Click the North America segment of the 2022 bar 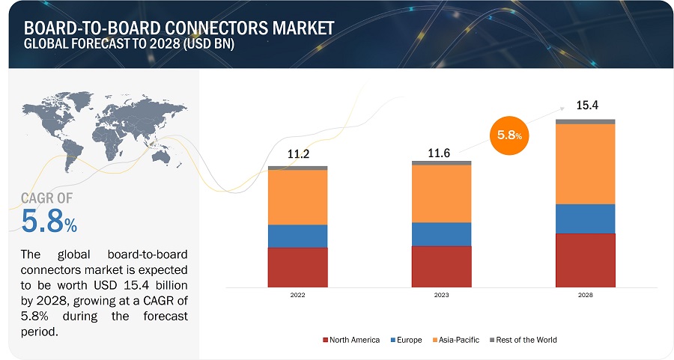click(297, 267)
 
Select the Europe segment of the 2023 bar click(441, 234)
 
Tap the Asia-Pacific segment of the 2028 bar click(585, 163)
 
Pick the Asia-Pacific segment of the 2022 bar click(297, 197)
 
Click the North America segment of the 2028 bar click(585, 260)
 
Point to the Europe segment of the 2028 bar click(585, 219)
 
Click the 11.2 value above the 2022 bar click(298, 154)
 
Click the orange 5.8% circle click(508, 135)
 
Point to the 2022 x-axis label click(297, 296)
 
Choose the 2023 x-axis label click(441, 296)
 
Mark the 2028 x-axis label click(585, 296)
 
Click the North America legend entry click(351, 340)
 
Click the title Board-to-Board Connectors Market click(180, 28)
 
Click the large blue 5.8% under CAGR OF click(49, 222)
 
